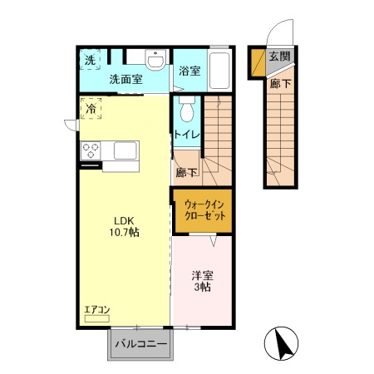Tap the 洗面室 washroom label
point(125,80)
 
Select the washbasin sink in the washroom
point(154,60)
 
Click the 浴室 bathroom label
point(189,71)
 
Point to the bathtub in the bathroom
point(220,70)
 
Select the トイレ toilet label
point(185,134)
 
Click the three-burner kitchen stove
point(91,151)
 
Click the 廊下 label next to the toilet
point(186,173)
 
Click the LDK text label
point(125,219)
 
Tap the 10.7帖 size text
point(125,233)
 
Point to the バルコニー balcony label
point(140,342)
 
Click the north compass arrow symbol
point(281,344)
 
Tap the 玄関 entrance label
point(279,57)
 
